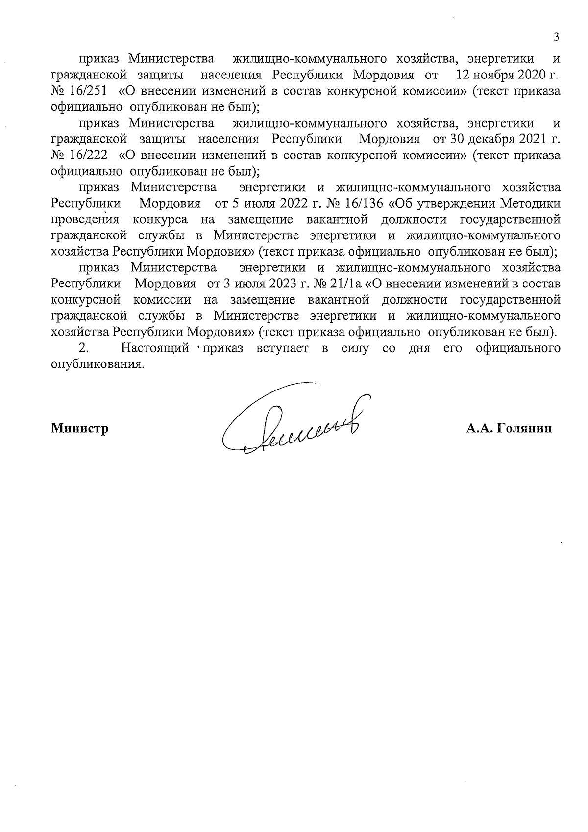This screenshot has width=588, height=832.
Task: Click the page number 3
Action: (x=556, y=37)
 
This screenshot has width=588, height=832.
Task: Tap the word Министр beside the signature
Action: (x=80, y=428)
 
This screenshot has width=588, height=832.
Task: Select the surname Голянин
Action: (x=524, y=428)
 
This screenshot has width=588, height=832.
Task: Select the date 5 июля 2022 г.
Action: (x=261, y=203)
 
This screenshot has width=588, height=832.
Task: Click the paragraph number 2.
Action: (x=83, y=348)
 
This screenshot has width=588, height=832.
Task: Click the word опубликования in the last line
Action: (x=98, y=364)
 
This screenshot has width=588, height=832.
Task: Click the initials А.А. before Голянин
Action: (x=480, y=428)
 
